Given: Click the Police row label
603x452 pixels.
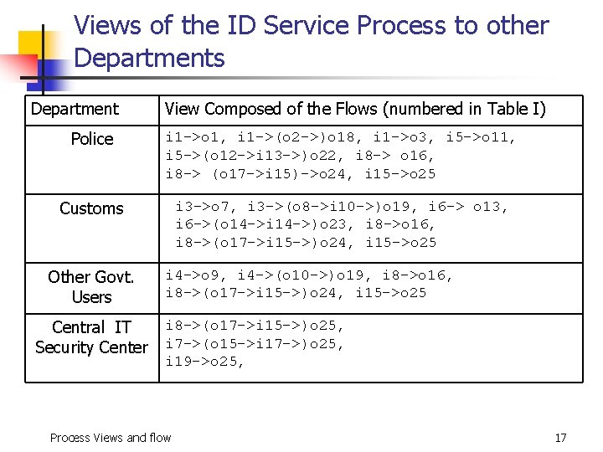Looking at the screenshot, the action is (x=92, y=139).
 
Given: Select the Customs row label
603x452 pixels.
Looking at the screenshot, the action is (x=91, y=208).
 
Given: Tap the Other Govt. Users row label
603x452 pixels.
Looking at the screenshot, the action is (x=91, y=286).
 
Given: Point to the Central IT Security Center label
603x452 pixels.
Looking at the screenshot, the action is (x=91, y=337).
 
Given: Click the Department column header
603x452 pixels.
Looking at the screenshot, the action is (x=75, y=109).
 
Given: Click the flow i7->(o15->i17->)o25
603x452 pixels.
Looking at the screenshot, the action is (x=255, y=343).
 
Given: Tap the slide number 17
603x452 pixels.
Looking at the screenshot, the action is (x=560, y=438).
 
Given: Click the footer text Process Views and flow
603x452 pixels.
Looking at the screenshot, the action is (x=111, y=438).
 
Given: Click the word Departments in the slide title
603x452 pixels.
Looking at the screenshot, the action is (x=149, y=58).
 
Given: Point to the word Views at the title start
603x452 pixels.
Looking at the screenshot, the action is (x=108, y=26).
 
